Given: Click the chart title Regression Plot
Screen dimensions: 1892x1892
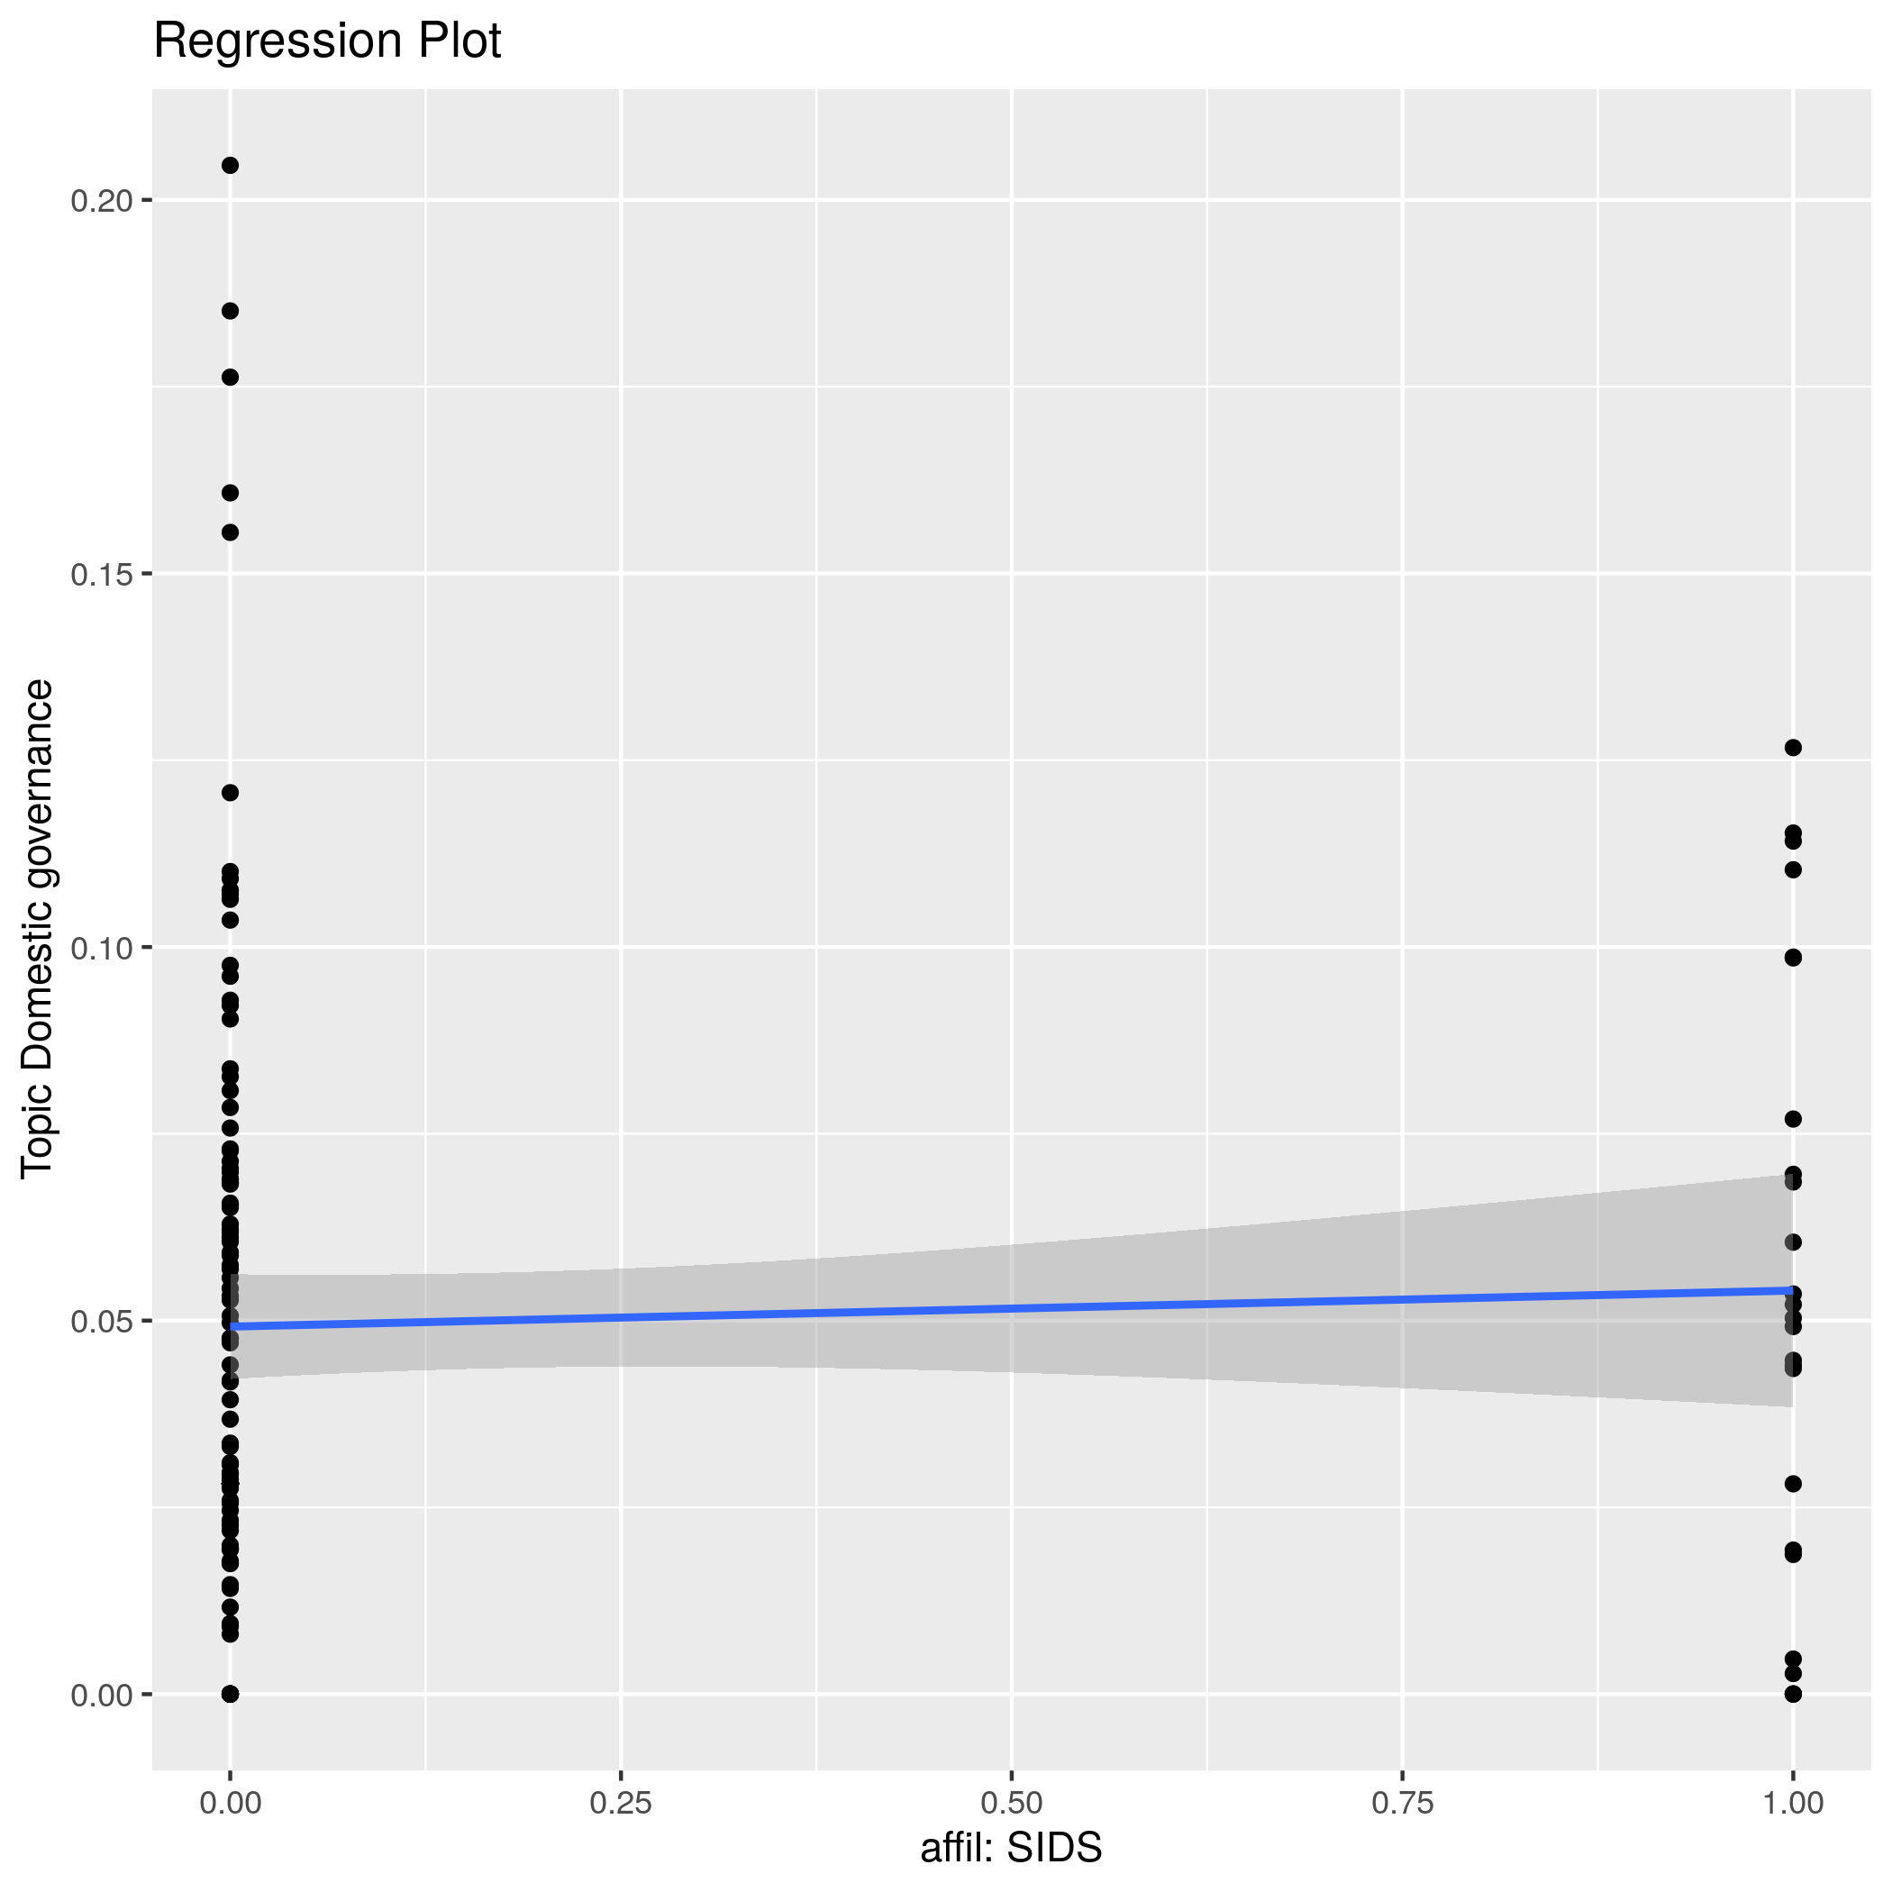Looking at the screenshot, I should pyautogui.click(x=327, y=42).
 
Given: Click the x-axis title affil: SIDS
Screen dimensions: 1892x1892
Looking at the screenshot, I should pyautogui.click(x=1011, y=1848).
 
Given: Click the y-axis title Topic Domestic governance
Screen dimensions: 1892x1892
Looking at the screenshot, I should pyautogui.click(x=38, y=928).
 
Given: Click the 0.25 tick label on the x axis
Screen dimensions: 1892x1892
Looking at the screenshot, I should pyautogui.click(x=621, y=1803).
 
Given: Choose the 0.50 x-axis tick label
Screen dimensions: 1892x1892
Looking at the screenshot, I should pyautogui.click(x=1011, y=1803).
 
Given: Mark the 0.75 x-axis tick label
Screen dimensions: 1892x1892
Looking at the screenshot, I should pyautogui.click(x=1403, y=1803).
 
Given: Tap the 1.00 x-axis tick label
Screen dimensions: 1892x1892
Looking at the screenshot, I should pyautogui.click(x=1792, y=1803).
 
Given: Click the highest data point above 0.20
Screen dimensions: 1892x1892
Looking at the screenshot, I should pyautogui.click(x=230, y=166).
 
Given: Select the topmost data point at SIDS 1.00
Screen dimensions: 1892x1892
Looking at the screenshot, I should pyautogui.click(x=1793, y=747).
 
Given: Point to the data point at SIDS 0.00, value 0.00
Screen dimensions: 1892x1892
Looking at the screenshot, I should pyautogui.click(x=230, y=1693).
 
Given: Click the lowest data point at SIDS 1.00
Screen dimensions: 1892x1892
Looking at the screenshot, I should pyautogui.click(x=1793, y=1693).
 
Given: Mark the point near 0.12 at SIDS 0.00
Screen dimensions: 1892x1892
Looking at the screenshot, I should pyautogui.click(x=230, y=792).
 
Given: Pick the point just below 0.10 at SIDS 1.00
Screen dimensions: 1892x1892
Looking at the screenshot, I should pyautogui.click(x=1793, y=958).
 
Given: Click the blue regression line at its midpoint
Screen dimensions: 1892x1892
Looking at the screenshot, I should pyautogui.click(x=1011, y=1308).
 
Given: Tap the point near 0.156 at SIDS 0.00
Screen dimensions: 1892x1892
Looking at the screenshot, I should pyautogui.click(x=230, y=532).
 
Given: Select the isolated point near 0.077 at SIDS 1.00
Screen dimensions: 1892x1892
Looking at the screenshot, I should pyautogui.click(x=1793, y=1118).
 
